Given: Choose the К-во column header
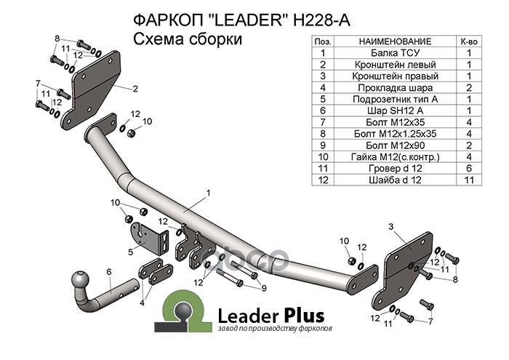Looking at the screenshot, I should coord(469,41).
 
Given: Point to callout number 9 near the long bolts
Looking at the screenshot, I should coord(263,288).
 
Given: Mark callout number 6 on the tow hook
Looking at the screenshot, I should coord(108,272).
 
